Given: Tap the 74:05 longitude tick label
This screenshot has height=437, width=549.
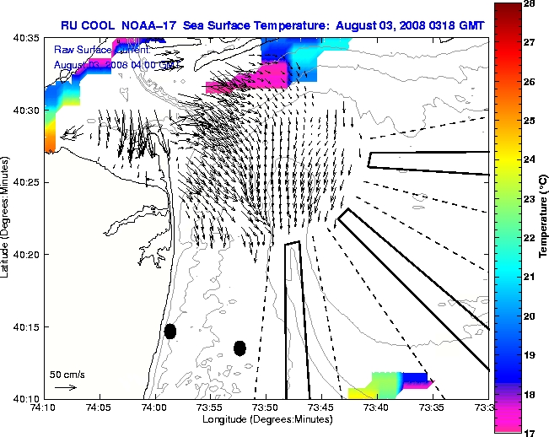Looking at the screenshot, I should [100, 407].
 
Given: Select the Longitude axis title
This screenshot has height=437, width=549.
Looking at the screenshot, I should [265, 419].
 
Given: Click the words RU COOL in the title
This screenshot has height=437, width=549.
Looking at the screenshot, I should [82, 25].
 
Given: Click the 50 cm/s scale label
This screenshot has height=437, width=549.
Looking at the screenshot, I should [67, 374].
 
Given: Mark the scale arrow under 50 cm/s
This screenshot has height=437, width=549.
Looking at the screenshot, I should [66, 387].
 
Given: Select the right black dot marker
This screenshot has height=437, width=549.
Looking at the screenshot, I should [240, 348].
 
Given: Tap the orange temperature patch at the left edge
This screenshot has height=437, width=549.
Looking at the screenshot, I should [49, 138].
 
